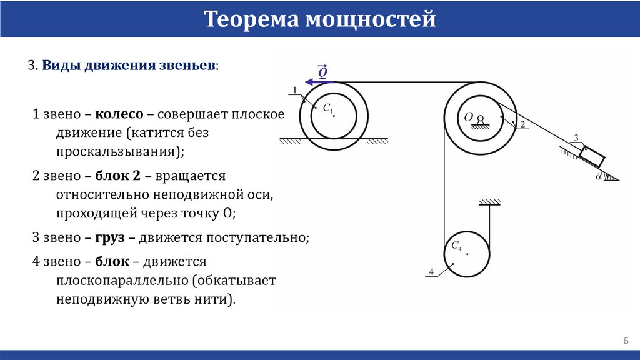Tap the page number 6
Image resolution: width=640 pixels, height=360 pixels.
[x=625, y=341]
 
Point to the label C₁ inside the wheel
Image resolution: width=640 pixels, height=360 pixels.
[x=326, y=108]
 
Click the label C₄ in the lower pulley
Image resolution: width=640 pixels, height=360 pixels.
[x=456, y=247]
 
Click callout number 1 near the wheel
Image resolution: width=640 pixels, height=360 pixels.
[x=293, y=91]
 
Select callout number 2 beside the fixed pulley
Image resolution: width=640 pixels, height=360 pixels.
[x=522, y=124]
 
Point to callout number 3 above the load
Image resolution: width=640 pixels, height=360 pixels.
[x=576, y=137]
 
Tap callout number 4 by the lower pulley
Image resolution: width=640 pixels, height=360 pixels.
[x=431, y=271]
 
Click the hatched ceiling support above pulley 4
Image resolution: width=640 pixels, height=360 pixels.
[x=490, y=201]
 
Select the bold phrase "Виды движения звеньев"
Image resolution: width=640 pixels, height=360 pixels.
[x=129, y=66]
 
